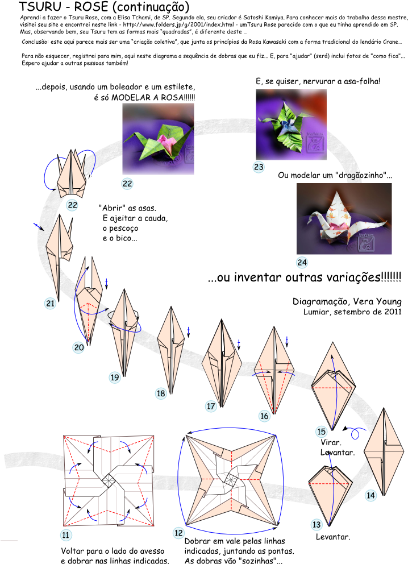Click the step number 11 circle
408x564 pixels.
pos(66,535)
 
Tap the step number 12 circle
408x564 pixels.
pos(179,533)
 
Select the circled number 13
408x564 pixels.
pos(317,525)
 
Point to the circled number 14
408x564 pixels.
pos(370,495)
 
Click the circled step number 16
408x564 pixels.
pos(264,416)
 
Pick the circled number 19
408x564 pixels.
pos(115,378)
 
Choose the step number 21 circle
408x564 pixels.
pos(51,304)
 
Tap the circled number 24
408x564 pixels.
pos(302,263)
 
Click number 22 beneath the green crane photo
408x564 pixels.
pos(127,184)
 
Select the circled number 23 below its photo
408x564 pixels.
pos(259,167)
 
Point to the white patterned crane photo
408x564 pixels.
pos(344,219)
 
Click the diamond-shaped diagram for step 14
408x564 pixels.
pos(384,452)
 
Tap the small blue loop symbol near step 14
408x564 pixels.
pos(356,434)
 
